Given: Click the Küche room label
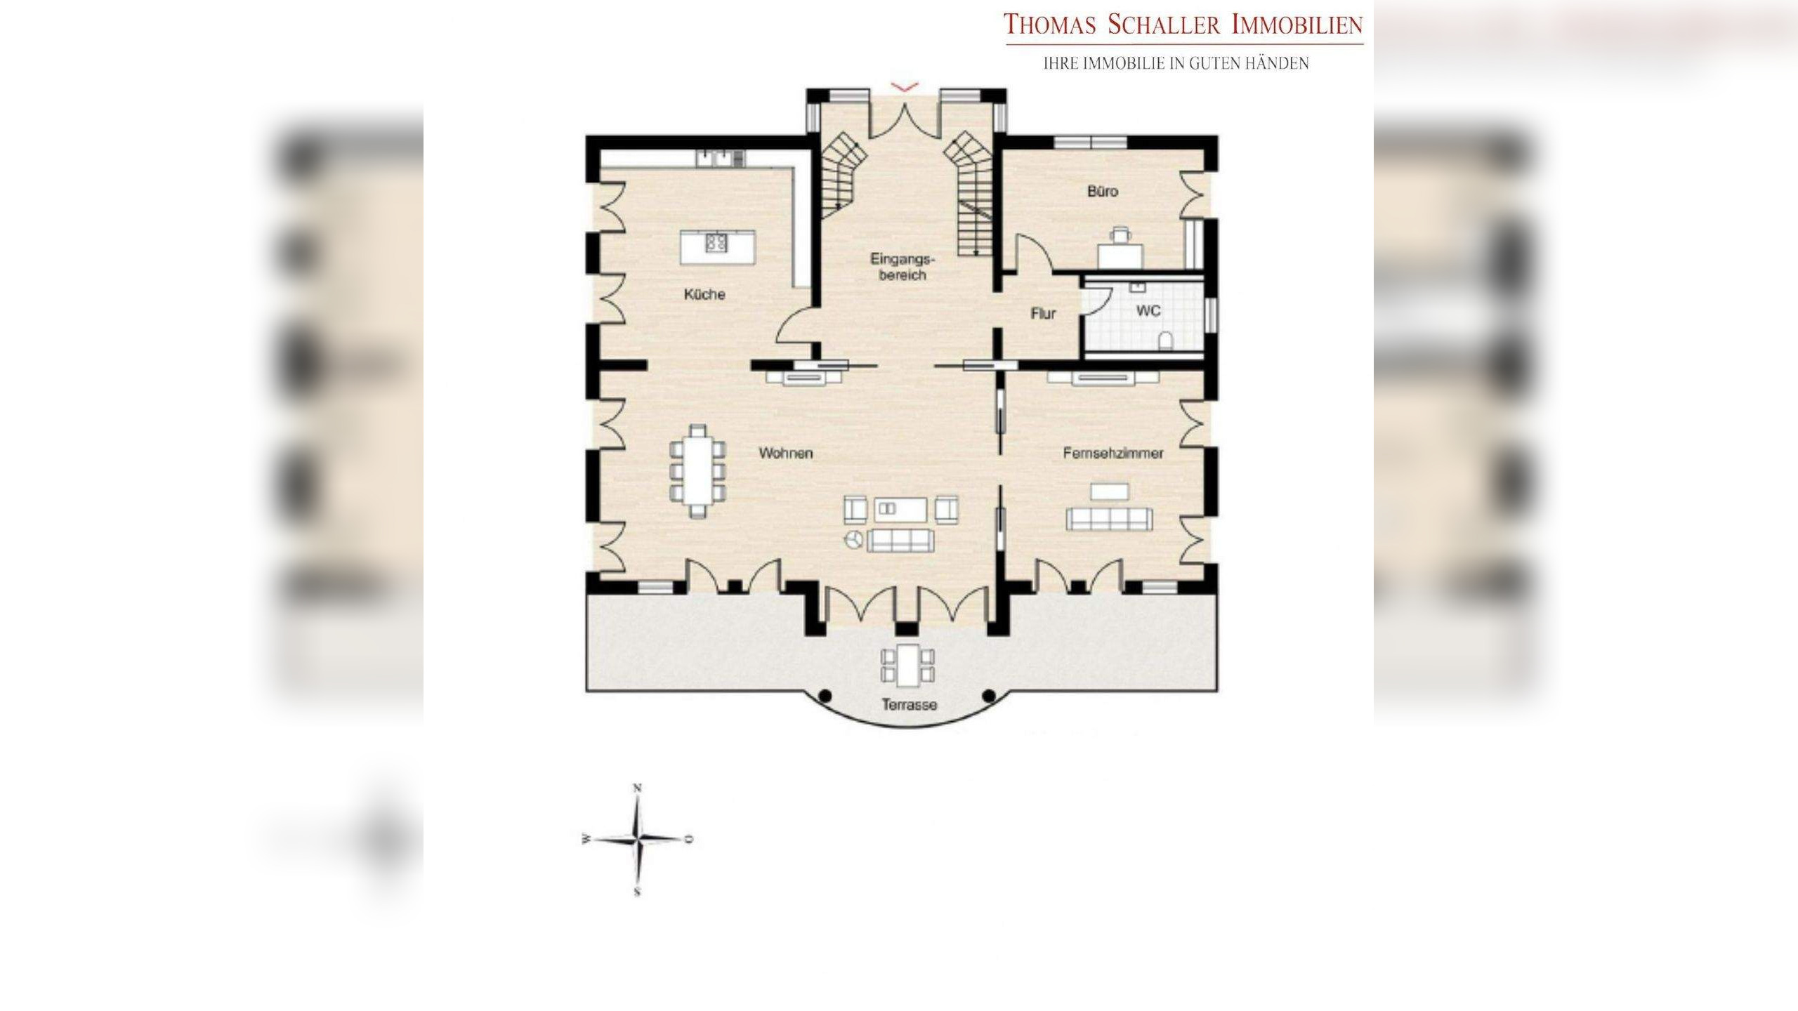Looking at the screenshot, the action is coord(704,294).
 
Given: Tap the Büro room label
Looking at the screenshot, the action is coord(1102,191).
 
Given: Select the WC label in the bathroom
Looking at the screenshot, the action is coord(1148,310).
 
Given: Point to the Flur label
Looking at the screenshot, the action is coord(1043,314).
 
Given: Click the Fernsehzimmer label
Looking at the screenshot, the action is coord(1113,454).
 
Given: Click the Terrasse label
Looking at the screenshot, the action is coord(910,705).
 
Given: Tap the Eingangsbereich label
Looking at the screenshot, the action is coord(903,267).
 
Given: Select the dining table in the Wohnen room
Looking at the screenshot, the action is coord(206,471).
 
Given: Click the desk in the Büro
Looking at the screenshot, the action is coord(1120,254).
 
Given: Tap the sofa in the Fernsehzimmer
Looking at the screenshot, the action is coord(1109,519).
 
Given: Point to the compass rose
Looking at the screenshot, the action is coord(637,839).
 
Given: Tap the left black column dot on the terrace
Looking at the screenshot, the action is coord(825,696).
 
